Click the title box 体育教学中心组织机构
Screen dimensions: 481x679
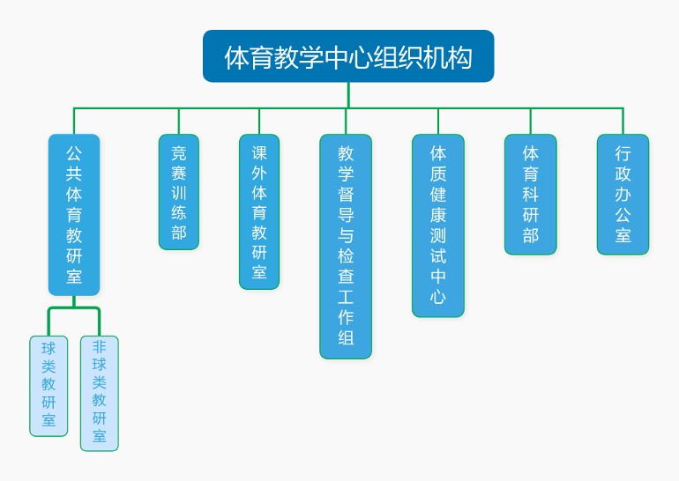(348, 56)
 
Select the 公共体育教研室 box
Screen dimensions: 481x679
(74, 214)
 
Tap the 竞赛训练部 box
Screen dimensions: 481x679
(179, 192)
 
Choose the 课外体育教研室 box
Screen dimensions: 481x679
(259, 211)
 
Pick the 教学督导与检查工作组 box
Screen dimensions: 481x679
(346, 246)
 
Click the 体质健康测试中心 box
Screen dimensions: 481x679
(438, 225)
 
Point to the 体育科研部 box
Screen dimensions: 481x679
(531, 194)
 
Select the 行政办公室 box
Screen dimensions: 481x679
(623, 194)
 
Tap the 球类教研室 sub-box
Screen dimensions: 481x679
(48, 386)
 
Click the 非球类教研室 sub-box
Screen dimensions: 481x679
(100, 393)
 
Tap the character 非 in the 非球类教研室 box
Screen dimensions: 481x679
(100, 347)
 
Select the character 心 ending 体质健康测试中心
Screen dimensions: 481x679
(438, 297)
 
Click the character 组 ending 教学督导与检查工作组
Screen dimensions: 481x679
(346, 338)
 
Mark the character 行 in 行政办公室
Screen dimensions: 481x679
(623, 153)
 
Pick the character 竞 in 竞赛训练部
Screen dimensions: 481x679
(179, 153)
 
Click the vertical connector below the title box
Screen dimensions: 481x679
(348, 94)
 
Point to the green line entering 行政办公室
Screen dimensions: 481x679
(623, 122)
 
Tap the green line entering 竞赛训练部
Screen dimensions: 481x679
(179, 122)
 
